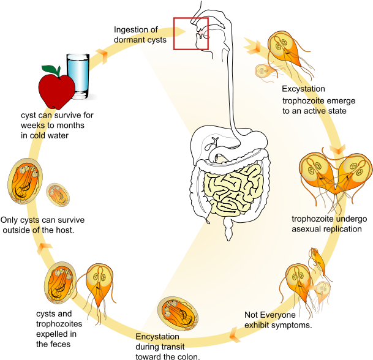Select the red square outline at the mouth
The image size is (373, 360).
(x=191, y=34)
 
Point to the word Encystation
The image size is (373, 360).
(x=157, y=337)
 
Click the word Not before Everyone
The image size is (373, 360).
(x=251, y=315)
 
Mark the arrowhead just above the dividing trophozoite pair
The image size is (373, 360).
(x=338, y=149)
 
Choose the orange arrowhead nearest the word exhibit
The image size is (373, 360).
(x=233, y=334)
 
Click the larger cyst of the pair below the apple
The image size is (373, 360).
(x=25, y=181)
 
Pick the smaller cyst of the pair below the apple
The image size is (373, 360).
(x=59, y=193)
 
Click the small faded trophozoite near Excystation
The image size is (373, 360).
(x=265, y=71)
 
